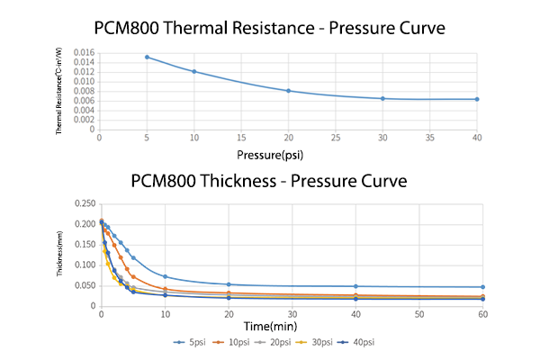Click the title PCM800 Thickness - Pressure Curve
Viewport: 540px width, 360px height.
click(269, 181)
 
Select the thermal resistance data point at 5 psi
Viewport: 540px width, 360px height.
click(147, 57)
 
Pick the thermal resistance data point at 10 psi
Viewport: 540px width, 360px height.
click(194, 71)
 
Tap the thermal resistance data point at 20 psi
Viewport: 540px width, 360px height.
click(288, 91)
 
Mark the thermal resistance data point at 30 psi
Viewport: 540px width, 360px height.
click(382, 98)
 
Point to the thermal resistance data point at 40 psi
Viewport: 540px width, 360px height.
click(477, 99)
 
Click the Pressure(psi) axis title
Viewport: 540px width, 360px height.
click(287, 154)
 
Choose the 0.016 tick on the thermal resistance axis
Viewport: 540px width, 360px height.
click(83, 53)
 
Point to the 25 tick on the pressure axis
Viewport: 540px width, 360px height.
click(336, 138)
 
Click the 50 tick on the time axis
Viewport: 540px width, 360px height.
click(419, 315)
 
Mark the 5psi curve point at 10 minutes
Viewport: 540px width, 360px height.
click(165, 276)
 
